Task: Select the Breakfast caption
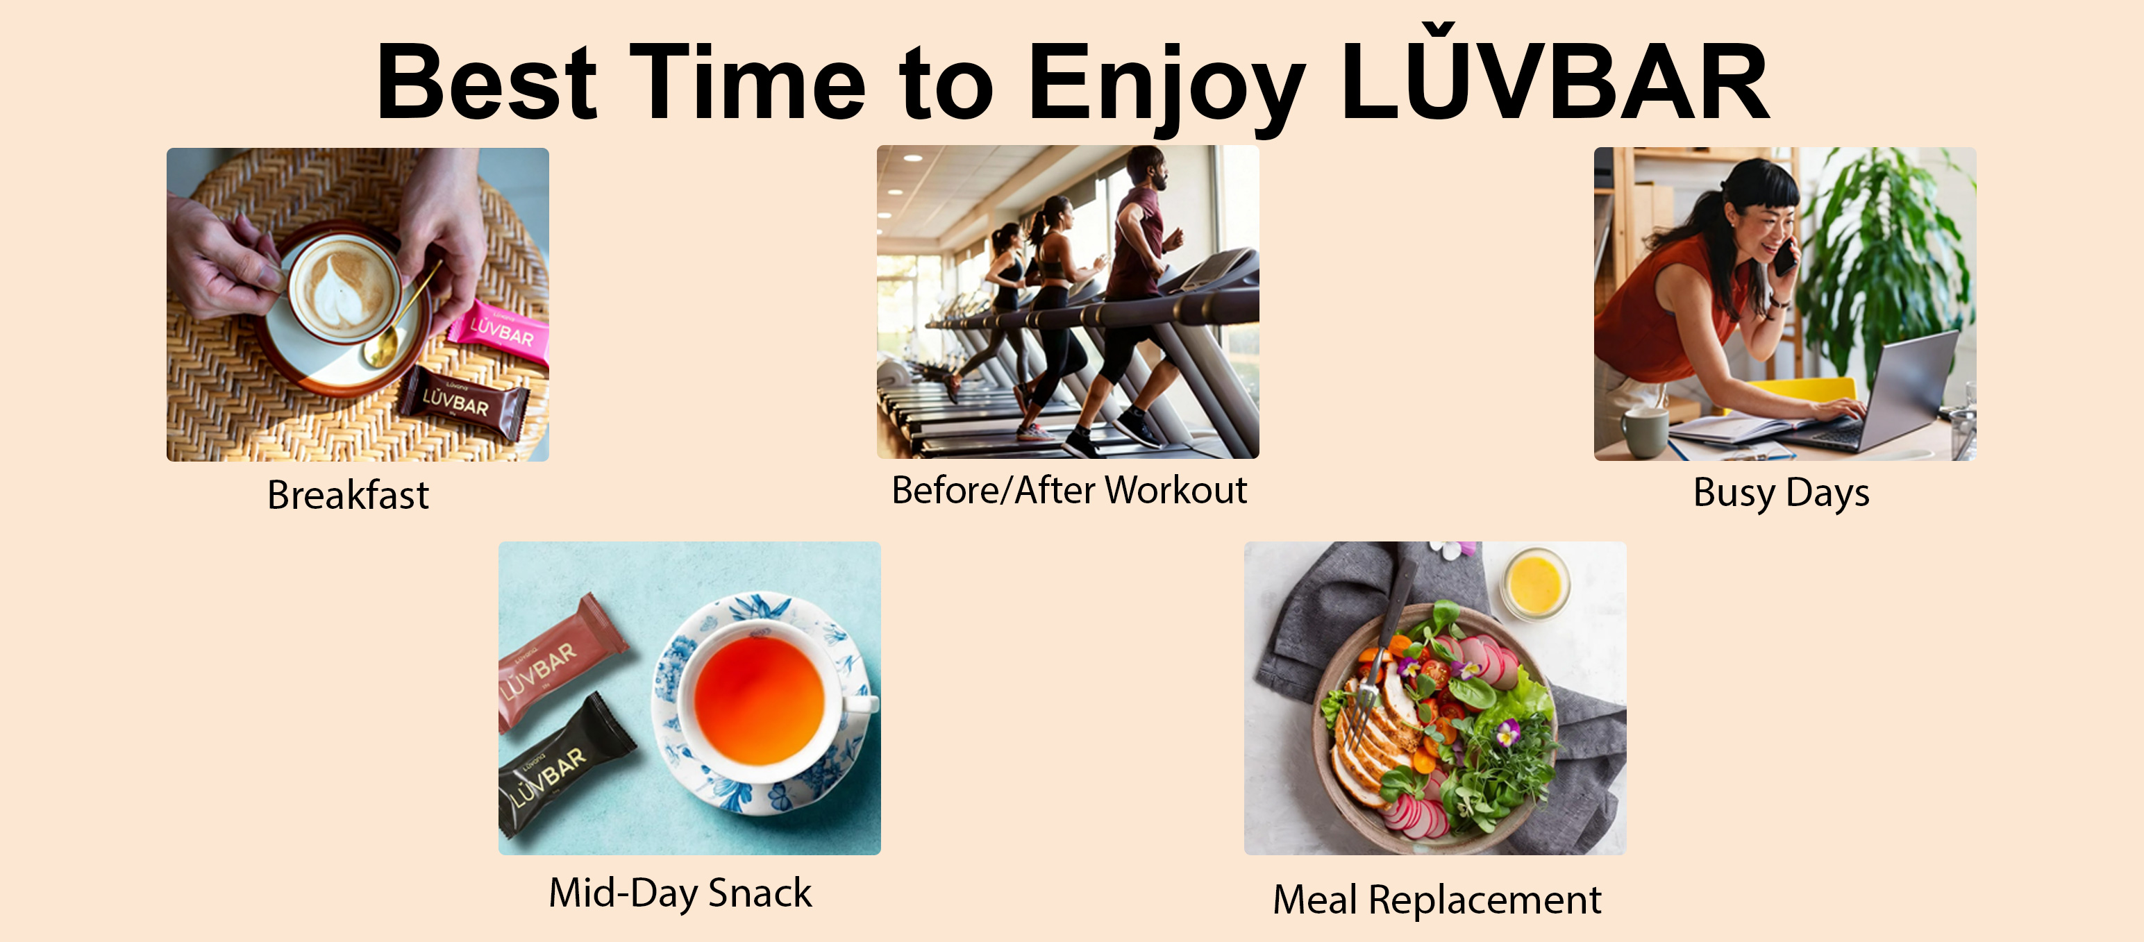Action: pyautogui.click(x=348, y=495)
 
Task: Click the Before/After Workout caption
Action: pyautogui.click(x=1069, y=490)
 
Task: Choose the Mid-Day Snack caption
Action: pyautogui.click(x=680, y=893)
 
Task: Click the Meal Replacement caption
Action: pyautogui.click(x=1437, y=900)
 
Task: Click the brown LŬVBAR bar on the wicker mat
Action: pyautogui.click(x=462, y=402)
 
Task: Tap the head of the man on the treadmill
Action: pyautogui.click(x=1147, y=167)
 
